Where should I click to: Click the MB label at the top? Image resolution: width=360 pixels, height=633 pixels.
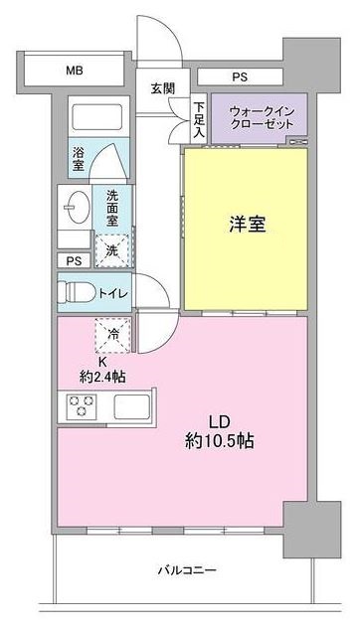(x=74, y=71)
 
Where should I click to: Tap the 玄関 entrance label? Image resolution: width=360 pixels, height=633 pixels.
(x=163, y=88)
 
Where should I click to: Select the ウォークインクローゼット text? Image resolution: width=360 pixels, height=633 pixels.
(x=260, y=118)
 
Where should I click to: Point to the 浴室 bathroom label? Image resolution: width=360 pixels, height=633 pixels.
(x=79, y=156)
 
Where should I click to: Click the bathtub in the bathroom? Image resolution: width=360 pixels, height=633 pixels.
(x=95, y=118)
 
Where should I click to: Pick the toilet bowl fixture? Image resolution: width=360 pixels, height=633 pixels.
(x=76, y=293)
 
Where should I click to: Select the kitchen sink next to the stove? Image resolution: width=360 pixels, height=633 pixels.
(x=132, y=407)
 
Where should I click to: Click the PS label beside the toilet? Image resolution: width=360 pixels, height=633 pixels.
(x=72, y=261)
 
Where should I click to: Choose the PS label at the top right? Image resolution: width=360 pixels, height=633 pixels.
(x=240, y=77)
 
